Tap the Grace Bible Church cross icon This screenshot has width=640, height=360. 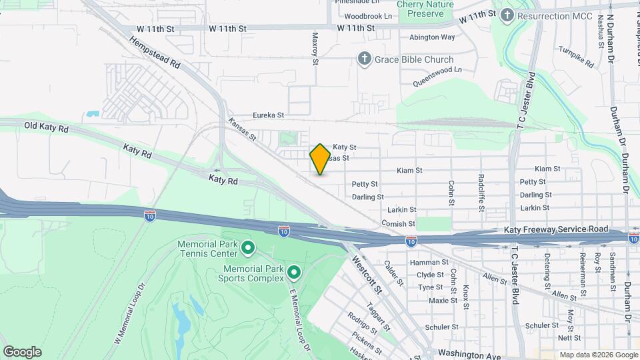pyautogui.click(x=365, y=59)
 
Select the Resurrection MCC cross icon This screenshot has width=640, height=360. pyautogui.click(x=507, y=14)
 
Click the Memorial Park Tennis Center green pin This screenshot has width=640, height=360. pyautogui.click(x=248, y=249)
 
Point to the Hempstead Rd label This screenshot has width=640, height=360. pyautogui.click(x=155, y=53)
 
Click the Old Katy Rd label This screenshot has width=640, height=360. pyautogui.click(x=46, y=126)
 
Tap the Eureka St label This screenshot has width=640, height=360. pyautogui.click(x=267, y=115)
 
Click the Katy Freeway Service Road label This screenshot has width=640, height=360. pyautogui.click(x=556, y=229)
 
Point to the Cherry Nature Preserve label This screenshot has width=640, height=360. pyautogui.click(x=425, y=9)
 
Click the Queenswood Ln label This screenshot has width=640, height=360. pyautogui.click(x=437, y=75)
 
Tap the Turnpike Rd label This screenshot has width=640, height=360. pyautogui.click(x=576, y=58)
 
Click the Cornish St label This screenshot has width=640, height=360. pyautogui.click(x=399, y=224)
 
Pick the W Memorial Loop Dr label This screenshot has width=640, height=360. pyautogui.click(x=130, y=312)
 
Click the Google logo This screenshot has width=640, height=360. pyautogui.click(x=21, y=351)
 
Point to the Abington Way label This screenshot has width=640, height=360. pyautogui.click(x=432, y=37)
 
